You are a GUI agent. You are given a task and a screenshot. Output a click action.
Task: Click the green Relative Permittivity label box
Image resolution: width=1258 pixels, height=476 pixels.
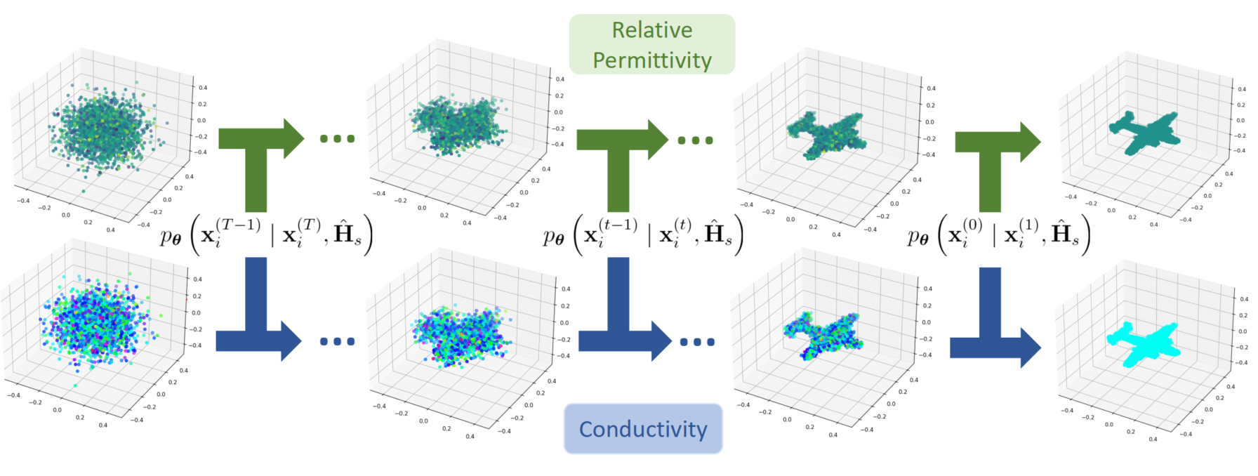pos(651,44)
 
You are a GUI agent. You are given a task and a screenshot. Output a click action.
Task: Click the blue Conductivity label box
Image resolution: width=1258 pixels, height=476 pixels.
pos(642,428)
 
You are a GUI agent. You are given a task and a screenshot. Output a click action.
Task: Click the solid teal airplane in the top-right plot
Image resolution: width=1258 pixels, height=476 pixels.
pos(1143,132)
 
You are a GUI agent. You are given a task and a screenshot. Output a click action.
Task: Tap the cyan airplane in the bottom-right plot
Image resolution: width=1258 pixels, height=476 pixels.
pos(1141,343)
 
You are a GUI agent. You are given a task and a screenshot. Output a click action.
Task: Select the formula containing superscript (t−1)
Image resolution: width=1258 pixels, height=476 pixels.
pos(642,235)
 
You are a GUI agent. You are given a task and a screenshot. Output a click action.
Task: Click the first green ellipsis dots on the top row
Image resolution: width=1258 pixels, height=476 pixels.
pos(338,139)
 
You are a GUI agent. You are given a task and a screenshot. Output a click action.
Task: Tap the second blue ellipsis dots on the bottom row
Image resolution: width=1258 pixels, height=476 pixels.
pos(697,342)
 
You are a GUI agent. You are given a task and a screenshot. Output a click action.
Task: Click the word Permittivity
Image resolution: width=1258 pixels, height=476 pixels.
pos(651,60)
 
